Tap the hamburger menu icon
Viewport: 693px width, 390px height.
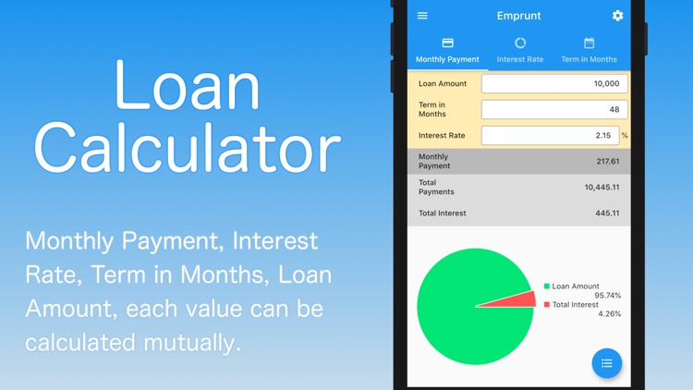tap(422, 16)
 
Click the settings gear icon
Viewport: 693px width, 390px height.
tap(617, 16)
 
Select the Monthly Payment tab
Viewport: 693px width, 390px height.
tap(447, 51)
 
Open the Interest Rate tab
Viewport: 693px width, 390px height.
tap(519, 51)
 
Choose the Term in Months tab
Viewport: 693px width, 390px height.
tap(589, 51)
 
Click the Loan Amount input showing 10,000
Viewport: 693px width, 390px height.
tap(554, 83)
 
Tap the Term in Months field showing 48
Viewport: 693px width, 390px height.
tap(554, 110)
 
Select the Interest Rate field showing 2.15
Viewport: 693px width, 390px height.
tap(551, 135)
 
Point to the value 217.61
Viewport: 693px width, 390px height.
tap(608, 162)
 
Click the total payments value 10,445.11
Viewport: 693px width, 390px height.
tap(602, 188)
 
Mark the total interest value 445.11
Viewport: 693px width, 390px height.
tap(607, 213)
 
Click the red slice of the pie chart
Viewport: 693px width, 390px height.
tap(517, 299)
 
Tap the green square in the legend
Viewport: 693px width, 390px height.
tap(547, 286)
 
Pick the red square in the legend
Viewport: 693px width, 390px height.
tap(547, 305)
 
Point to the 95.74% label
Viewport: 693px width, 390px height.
tap(608, 296)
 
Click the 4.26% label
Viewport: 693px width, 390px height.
tap(610, 314)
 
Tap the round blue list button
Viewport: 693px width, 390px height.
tap(607, 363)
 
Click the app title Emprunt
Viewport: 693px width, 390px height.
tap(519, 16)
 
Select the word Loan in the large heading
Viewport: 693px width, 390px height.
tap(187, 84)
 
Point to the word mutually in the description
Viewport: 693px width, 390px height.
tap(192, 343)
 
